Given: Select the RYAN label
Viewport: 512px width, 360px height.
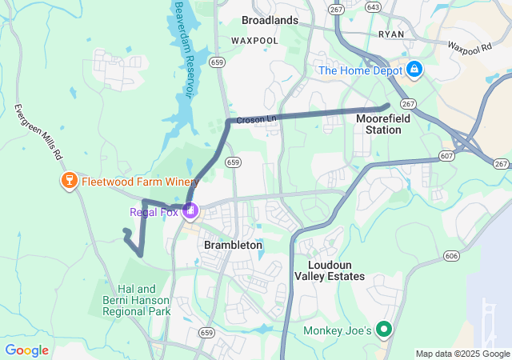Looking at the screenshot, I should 391,35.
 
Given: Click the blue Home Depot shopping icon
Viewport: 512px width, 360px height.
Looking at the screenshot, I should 414,70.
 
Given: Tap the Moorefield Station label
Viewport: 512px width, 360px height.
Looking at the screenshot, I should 378,123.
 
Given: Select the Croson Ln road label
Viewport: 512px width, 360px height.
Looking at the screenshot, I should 256,119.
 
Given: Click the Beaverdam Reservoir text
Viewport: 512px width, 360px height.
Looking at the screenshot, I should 182,48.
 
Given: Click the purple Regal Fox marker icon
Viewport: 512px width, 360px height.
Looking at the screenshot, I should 190,212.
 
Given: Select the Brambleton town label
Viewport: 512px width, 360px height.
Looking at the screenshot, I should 233,245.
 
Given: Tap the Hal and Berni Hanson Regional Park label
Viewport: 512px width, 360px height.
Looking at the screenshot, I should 143,300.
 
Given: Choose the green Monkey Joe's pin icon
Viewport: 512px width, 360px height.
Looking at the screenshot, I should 384,330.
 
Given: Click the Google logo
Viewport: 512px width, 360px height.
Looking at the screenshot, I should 26,350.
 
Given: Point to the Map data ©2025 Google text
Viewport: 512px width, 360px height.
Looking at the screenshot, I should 462,354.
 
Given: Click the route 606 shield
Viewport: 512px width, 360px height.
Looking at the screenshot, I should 452,256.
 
